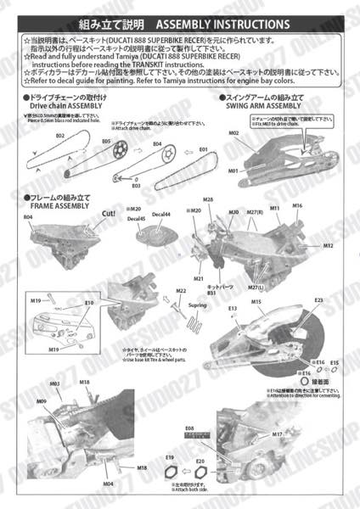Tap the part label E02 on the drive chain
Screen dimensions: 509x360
point(60,135)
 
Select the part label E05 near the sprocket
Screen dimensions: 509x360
point(106,141)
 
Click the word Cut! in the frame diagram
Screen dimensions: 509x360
point(109,214)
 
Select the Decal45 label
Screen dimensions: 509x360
point(136,219)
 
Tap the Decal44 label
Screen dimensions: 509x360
point(161,214)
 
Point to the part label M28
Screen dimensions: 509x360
point(208,198)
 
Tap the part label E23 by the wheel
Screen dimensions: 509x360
point(319,300)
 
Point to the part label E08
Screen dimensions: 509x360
point(189,428)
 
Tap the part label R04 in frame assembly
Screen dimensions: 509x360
point(28,217)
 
